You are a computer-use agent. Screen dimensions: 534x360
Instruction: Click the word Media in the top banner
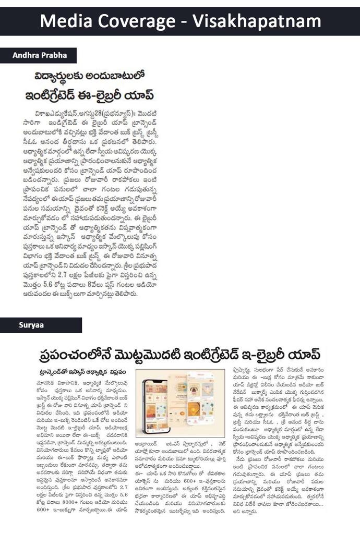click(68, 21)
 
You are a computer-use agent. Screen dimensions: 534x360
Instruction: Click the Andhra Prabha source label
click(38, 55)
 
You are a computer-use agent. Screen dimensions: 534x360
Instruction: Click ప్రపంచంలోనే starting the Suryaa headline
click(73, 356)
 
